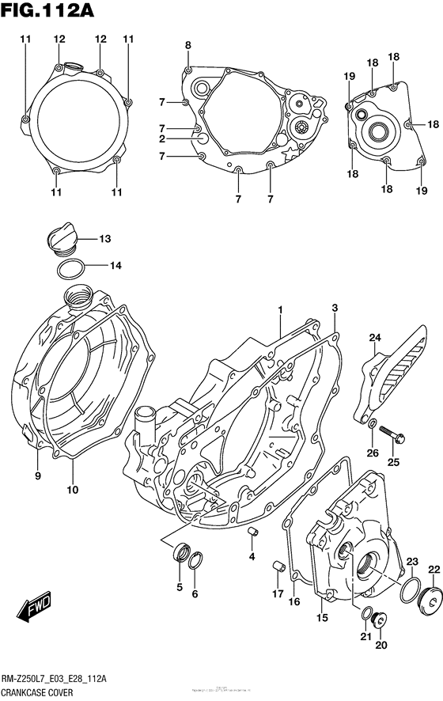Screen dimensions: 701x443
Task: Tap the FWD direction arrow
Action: (x=36, y=608)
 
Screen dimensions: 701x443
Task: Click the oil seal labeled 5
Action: (x=180, y=551)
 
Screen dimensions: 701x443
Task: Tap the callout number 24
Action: (x=375, y=338)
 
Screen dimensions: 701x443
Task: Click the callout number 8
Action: (x=188, y=45)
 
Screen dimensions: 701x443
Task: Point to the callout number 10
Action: (x=72, y=490)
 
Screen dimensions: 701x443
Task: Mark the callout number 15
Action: (x=322, y=617)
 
